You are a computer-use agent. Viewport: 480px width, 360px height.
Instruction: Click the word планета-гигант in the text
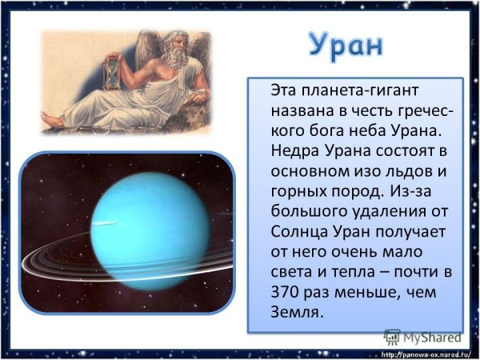(352, 87)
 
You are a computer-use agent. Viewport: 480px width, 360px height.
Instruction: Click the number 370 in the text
(286, 294)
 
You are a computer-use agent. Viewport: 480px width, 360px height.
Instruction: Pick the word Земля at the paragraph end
(297, 314)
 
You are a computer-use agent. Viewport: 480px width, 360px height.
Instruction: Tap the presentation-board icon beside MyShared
(392, 337)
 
